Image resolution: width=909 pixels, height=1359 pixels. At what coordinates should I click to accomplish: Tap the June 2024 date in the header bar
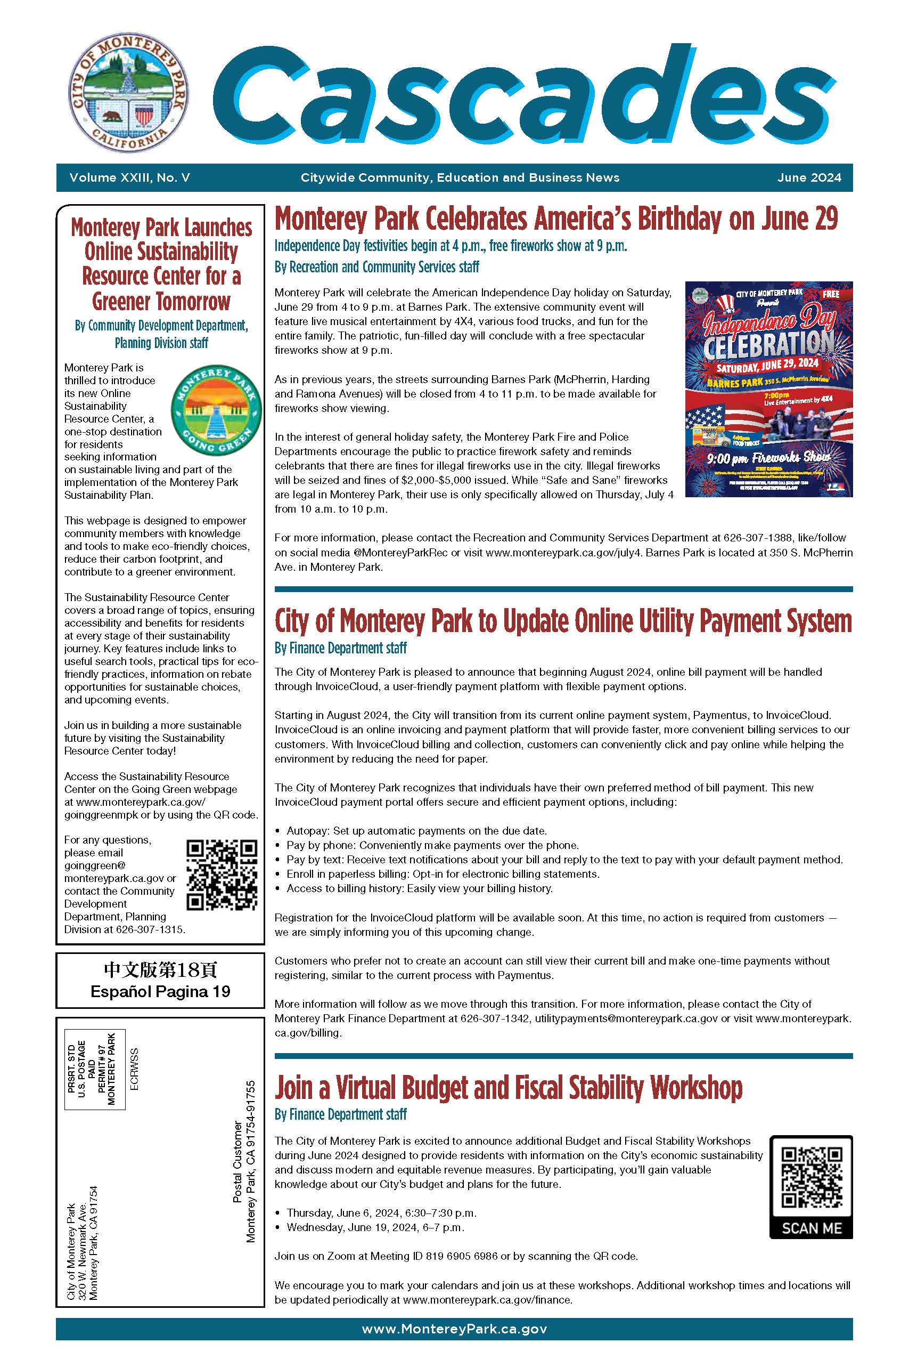[x=809, y=177]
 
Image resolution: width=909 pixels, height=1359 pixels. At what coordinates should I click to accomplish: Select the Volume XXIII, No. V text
[x=129, y=177]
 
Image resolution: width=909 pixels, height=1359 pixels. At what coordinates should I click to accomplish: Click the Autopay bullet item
[x=416, y=831]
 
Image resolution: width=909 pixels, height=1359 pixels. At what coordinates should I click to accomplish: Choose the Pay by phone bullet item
[x=432, y=845]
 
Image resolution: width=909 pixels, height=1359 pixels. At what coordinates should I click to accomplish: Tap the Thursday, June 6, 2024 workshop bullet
[x=381, y=1213]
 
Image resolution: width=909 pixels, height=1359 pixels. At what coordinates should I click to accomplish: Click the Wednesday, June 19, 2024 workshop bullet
[x=374, y=1227]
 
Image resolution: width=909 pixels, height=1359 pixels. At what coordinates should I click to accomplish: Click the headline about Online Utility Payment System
[x=563, y=621]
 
